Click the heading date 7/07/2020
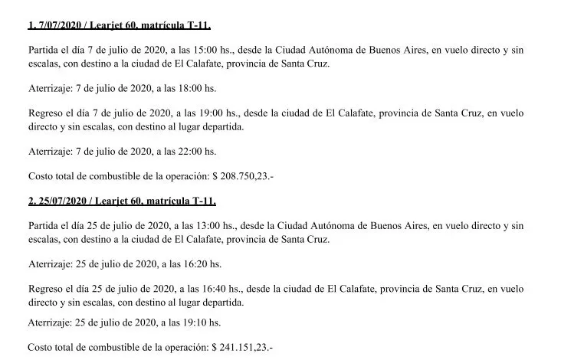[59, 25]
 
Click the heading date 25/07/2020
[62, 201]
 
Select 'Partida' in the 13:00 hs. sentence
[44, 226]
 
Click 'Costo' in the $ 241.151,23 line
[41, 347]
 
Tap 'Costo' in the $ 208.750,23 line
[41, 176]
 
